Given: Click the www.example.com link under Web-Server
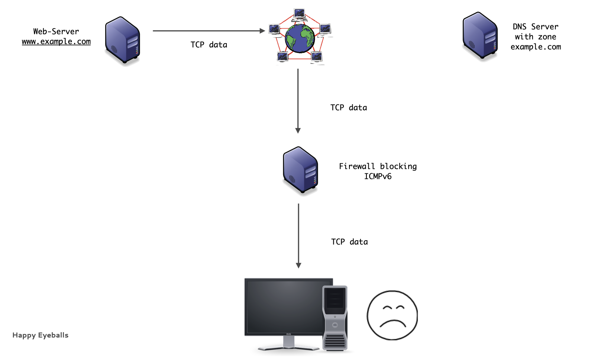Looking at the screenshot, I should [56, 42].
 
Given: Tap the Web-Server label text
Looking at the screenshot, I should [56, 32].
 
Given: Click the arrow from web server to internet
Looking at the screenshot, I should [208, 31].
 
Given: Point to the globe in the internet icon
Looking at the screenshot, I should [300, 38].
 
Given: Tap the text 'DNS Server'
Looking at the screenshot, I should [535, 27].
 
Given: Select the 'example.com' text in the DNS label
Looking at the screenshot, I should [536, 47].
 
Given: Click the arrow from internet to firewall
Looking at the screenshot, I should [298, 100].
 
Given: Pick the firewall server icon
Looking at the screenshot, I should [300, 170].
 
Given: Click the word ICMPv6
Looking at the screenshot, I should [378, 176].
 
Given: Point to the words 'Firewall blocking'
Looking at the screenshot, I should [378, 166].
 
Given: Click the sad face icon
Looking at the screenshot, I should [392, 315].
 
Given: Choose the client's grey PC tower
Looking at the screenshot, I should [335, 318].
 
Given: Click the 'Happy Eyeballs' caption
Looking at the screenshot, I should [41, 335].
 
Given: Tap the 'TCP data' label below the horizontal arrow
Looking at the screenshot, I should [209, 45].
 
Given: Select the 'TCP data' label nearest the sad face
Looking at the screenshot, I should [349, 242].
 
